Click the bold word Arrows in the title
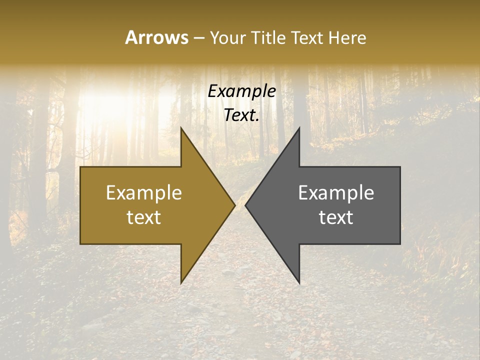(x=156, y=37)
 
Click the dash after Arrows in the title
(x=198, y=38)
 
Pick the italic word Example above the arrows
(x=241, y=91)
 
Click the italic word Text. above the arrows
(x=241, y=115)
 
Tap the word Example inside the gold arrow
(x=144, y=193)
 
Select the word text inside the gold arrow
(x=144, y=217)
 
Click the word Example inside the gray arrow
(x=336, y=193)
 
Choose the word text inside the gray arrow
(x=336, y=217)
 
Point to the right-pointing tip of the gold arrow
(x=235, y=205)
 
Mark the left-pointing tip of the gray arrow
(x=245, y=205)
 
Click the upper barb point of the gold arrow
(x=181, y=128)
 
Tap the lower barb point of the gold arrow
(x=181, y=283)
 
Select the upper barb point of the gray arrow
(x=299, y=128)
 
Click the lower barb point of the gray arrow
(x=299, y=283)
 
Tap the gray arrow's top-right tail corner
(x=400, y=167)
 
